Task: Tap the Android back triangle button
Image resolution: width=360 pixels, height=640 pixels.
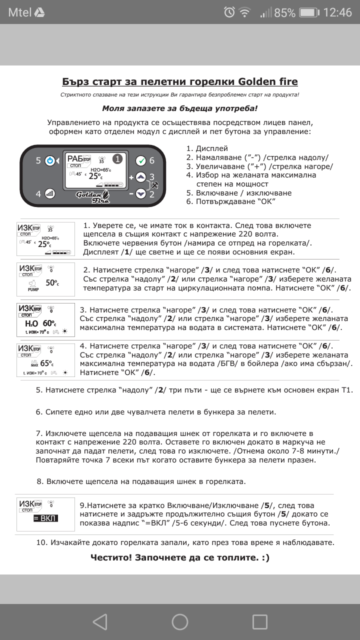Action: (x=100, y=621)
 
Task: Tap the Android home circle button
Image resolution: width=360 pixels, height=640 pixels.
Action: (x=180, y=621)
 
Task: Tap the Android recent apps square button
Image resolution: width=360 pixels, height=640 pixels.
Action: (x=260, y=621)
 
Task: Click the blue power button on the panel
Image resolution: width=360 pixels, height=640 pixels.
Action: (x=49, y=161)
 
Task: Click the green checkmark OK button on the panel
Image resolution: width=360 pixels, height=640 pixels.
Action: (x=141, y=161)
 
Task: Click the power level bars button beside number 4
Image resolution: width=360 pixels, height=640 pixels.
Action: (x=49, y=193)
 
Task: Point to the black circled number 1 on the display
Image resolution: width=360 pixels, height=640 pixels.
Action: (x=117, y=159)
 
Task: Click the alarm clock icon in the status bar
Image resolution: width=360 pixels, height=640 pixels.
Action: (x=229, y=12)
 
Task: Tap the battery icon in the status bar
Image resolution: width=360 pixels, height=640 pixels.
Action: (x=309, y=12)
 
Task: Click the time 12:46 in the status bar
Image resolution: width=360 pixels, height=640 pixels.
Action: (x=337, y=12)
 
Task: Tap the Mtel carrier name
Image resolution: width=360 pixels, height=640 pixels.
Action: (x=19, y=12)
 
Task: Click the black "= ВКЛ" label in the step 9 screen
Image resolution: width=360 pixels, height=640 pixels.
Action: (x=45, y=518)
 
